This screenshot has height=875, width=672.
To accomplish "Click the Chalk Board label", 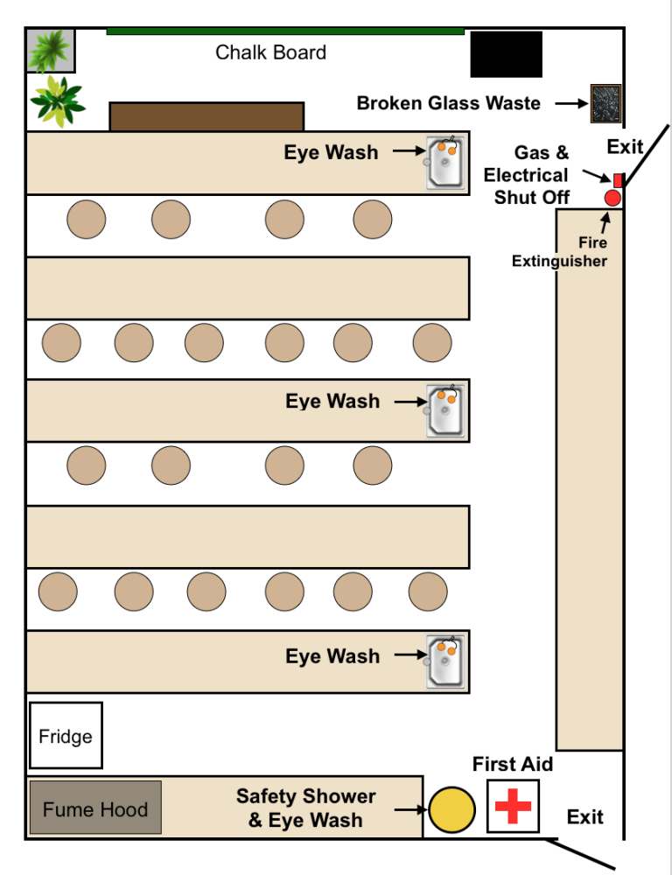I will pos(270,52).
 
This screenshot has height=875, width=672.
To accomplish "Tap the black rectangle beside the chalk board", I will pos(506,54).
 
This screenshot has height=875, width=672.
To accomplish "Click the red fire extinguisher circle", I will pos(612,198).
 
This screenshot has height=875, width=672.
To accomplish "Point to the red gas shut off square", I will pos(618,179).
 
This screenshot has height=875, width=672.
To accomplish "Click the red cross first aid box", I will pos(513,806).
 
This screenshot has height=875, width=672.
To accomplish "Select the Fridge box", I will pos(66,736).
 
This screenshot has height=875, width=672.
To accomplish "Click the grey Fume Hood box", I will pos(95,809).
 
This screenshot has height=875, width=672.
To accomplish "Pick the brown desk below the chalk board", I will pos(206,116).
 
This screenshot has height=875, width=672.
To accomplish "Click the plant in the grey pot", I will pos(50,51).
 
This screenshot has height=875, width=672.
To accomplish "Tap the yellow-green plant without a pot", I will pos(57,101).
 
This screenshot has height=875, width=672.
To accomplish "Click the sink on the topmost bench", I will pos(446,162).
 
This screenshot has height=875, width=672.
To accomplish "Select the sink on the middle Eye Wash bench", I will pos(446,410).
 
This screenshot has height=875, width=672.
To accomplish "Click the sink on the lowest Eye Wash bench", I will pos(446,661).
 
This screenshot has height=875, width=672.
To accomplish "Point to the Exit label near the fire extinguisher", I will pos(625,147).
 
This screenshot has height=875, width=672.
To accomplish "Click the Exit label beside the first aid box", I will pos(584,816).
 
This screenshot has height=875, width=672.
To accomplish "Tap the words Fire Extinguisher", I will pos(560,252).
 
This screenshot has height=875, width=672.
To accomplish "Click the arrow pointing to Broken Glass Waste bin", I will pos(571,103).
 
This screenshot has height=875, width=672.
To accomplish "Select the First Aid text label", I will pos(513,764).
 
